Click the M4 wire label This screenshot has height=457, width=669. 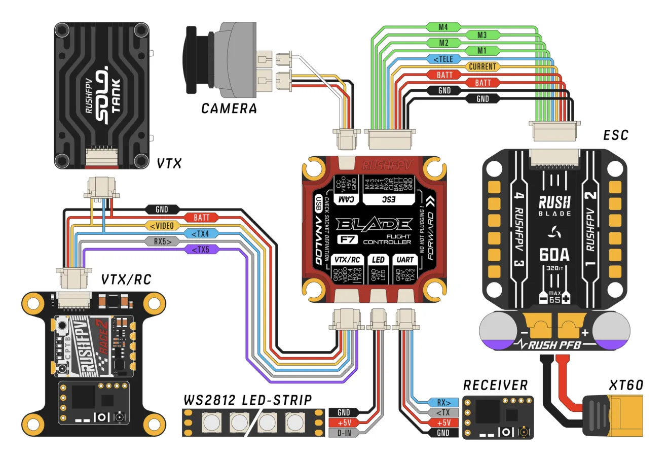pyautogui.click(x=443, y=27)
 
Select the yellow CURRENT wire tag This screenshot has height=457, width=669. pyautogui.click(x=482, y=66)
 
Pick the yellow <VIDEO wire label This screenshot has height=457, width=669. pyautogui.click(x=162, y=226)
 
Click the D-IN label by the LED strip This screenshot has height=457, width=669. pyautogui.click(x=344, y=433)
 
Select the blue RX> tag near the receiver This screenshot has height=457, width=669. pyautogui.click(x=443, y=403)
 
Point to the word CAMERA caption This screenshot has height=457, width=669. pyautogui.click(x=229, y=109)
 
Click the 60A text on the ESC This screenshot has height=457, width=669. pyautogui.click(x=554, y=254)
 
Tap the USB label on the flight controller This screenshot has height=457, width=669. pyautogui.click(x=318, y=203)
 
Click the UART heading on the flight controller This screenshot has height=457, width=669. pyautogui.click(x=405, y=260)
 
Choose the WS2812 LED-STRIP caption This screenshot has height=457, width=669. pyautogui.click(x=248, y=400)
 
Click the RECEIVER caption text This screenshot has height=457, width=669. pyautogui.click(x=495, y=385)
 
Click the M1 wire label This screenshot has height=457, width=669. pyautogui.click(x=481, y=51)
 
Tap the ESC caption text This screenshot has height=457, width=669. pyautogui.click(x=616, y=135)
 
